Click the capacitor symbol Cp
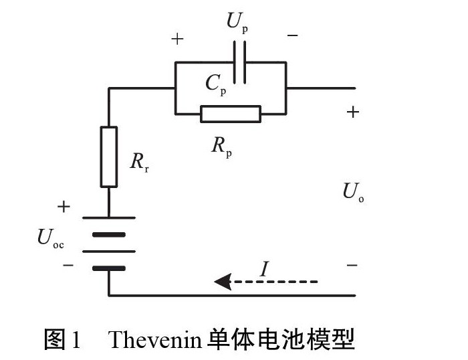pyautogui.click(x=239, y=63)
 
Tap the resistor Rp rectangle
pyautogui.click(x=230, y=114)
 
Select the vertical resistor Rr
pyautogui.click(x=108, y=156)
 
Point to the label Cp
pyautogui.click(x=215, y=84)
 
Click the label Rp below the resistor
pyautogui.click(x=221, y=145)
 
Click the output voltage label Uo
pyautogui.click(x=353, y=193)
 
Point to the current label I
pyautogui.click(x=265, y=269)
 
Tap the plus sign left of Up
pyautogui.click(x=177, y=39)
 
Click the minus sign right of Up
pyautogui.click(x=292, y=35)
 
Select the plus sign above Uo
pyautogui.click(x=352, y=112)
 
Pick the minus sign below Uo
pyautogui.click(x=352, y=266)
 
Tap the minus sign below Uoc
pyautogui.click(x=68, y=265)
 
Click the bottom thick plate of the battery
pyautogui.click(x=108, y=268)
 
